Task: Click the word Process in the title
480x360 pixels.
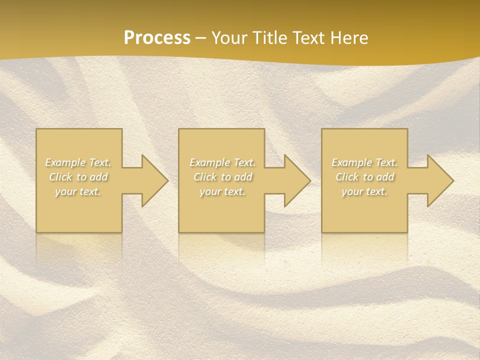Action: pyautogui.click(x=157, y=38)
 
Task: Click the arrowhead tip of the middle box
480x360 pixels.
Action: pyautogui.click(x=309, y=180)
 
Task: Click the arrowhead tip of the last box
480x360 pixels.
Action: pyautogui.click(x=452, y=180)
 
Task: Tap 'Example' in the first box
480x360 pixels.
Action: pyautogui.click(x=64, y=162)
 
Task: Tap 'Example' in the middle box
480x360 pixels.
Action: pyautogui.click(x=208, y=162)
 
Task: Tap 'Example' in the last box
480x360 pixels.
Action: pyautogui.click(x=351, y=162)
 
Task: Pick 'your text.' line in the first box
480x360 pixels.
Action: pyautogui.click(x=78, y=191)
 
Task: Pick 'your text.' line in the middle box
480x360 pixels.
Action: pyautogui.click(x=222, y=191)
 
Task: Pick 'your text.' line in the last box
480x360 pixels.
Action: pyautogui.click(x=364, y=191)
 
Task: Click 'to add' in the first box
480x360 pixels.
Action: pyautogui.click(x=92, y=177)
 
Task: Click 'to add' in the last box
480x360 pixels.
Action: pyautogui.click(x=379, y=177)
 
